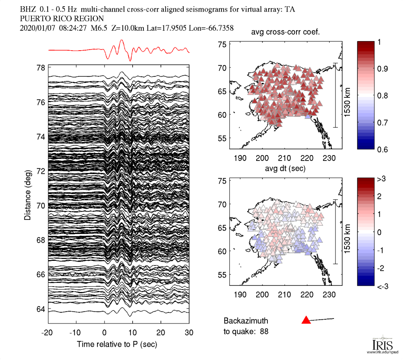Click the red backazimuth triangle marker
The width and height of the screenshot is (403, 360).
tap(306, 320)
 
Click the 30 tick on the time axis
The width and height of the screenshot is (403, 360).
tap(189, 333)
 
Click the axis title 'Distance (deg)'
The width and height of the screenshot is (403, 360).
tap(27, 195)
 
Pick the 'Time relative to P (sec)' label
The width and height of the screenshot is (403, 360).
tap(117, 344)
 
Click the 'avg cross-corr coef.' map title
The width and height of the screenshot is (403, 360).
tap(286, 34)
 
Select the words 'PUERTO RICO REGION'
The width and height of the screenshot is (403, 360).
tap(62, 19)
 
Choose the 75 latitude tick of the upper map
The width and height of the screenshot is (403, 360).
tap(223, 45)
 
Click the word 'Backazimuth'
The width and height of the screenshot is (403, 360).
tap(246, 321)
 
